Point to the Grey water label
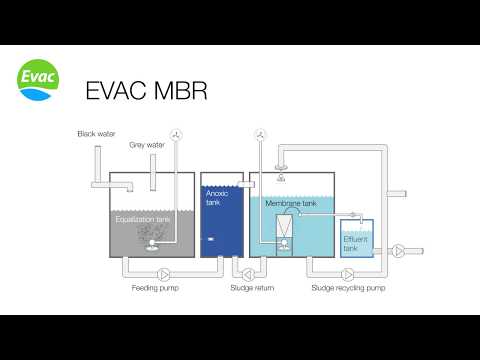click(x=146, y=145)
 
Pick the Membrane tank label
click(x=291, y=203)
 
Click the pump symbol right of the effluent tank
click(x=399, y=249)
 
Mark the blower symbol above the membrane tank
click(x=259, y=134)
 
